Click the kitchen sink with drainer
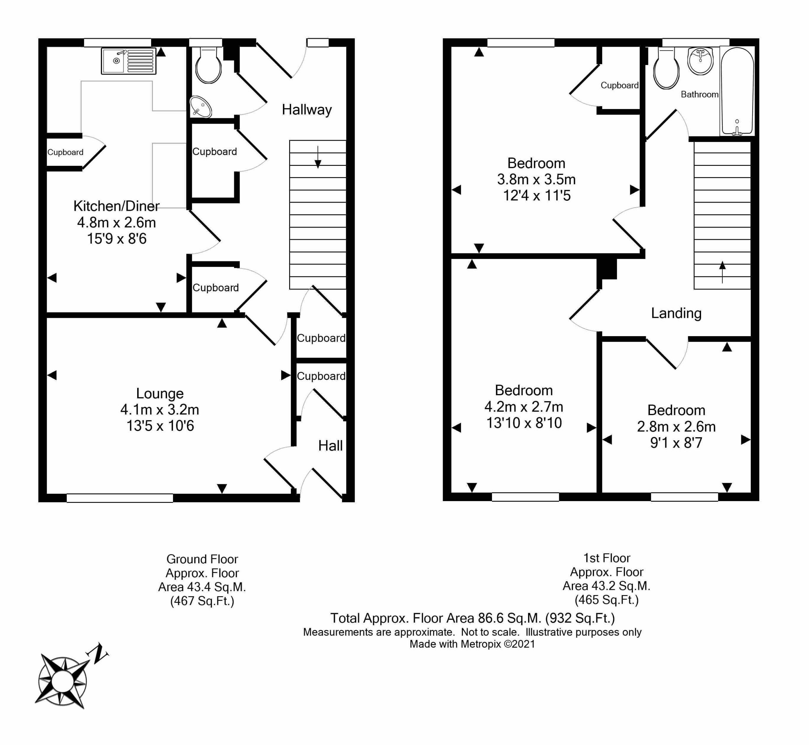point(128,61)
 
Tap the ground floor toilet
point(208,65)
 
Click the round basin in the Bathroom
point(700,61)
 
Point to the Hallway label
point(307,110)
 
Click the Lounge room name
point(160,393)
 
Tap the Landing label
point(676,313)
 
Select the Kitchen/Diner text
point(116,206)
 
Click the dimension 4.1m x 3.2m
point(160,409)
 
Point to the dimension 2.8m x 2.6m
point(676,427)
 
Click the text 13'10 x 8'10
point(523,423)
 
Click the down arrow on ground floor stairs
point(318,157)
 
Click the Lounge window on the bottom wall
point(120,498)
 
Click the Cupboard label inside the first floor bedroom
point(619,85)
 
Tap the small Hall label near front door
point(330,446)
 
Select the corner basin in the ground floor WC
point(201,107)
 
